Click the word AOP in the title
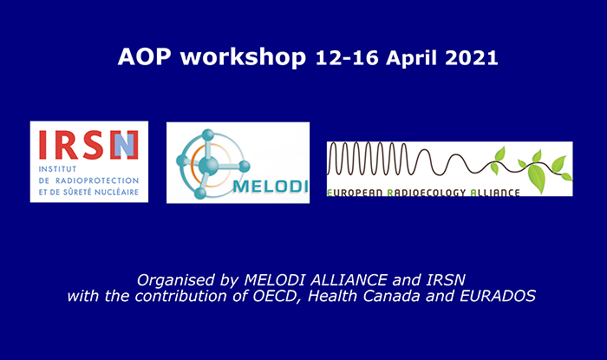[144, 56]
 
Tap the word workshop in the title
[243, 57]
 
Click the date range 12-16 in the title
[347, 58]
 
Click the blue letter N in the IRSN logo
[124, 145]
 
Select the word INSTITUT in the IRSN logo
[57, 169]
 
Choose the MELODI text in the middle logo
[271, 187]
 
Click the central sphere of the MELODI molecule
[208, 166]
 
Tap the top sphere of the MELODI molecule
[208, 134]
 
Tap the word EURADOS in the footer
[498, 296]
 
